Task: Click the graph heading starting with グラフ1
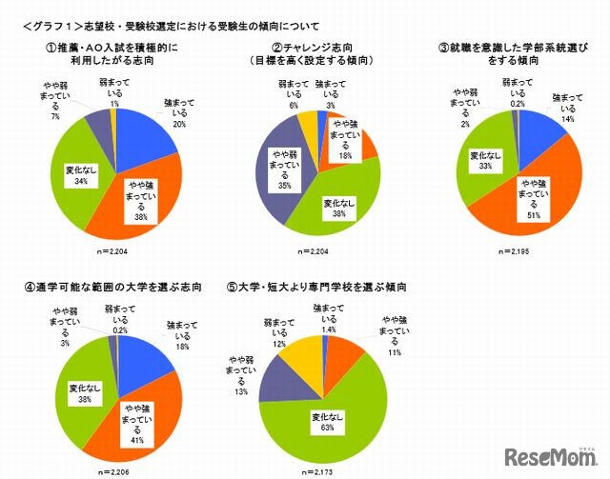tap(171, 24)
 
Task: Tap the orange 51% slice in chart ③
tap(539, 190)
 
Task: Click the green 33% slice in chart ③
tap(481, 162)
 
